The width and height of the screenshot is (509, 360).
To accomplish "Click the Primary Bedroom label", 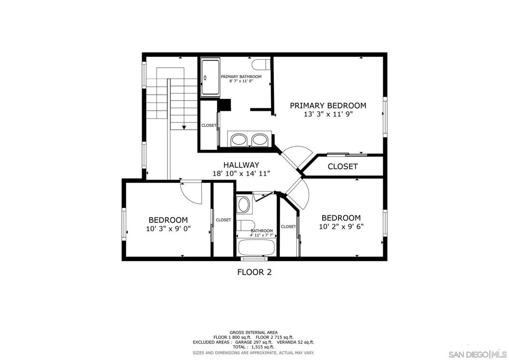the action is pos(328,105).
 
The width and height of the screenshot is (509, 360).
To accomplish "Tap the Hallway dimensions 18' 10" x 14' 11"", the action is pos(241,174).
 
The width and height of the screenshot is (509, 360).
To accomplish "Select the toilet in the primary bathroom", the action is pos(261,64).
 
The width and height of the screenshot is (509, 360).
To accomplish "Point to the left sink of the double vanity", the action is pos(239,139).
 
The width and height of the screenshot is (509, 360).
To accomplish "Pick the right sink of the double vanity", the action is pos(259,139).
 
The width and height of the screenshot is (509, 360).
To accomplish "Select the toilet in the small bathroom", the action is pos(246,225).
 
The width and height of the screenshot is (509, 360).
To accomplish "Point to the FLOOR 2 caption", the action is pos(254,272).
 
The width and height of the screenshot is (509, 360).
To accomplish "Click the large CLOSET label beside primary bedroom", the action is pos(342,167).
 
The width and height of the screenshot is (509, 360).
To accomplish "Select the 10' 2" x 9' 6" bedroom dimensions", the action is pos(341,226).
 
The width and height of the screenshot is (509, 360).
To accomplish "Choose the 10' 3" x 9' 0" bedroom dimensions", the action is pos(168,229).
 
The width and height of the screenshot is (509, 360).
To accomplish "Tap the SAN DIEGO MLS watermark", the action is pos(477,354).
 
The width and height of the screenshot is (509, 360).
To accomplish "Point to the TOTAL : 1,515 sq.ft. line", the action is pos(254,347).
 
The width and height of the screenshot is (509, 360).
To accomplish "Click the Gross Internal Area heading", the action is pos(254,333).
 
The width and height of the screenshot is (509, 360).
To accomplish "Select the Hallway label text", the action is pos(241,165).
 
